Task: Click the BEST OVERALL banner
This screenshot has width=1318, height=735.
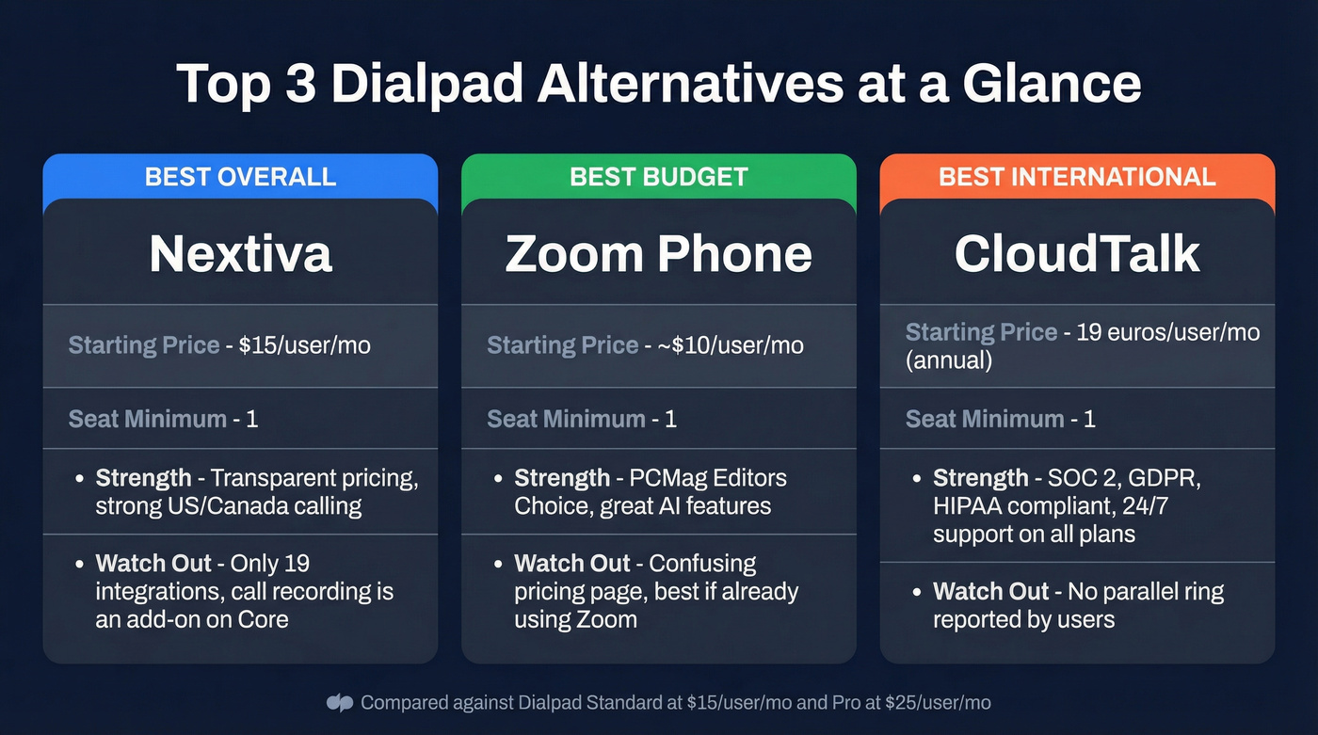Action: tap(240, 177)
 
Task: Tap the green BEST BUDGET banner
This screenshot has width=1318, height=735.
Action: tap(658, 177)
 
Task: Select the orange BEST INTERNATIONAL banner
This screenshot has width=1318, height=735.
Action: tap(1077, 177)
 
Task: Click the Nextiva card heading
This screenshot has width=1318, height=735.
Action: tap(240, 253)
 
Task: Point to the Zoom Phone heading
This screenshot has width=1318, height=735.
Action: tap(658, 253)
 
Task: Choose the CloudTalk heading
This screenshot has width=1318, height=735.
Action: tap(1077, 253)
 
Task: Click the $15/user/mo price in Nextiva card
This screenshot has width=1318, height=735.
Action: tap(304, 345)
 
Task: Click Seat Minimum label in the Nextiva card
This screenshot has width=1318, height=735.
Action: tap(147, 419)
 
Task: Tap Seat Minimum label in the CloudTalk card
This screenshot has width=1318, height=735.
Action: tap(985, 419)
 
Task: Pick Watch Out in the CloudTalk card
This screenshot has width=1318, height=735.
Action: tap(990, 592)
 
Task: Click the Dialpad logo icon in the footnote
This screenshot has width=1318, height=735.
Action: tap(339, 703)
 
